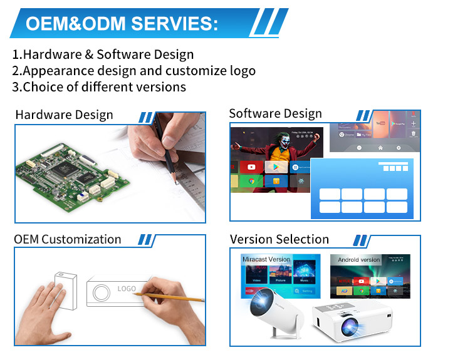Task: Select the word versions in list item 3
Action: pos(161,86)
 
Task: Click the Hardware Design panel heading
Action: pos(64,115)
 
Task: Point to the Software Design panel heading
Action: pos(275,113)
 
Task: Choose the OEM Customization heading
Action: pos(68,239)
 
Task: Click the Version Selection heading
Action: pos(279,239)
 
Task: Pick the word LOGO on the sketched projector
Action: pos(127,289)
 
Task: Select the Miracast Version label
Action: pos(266,259)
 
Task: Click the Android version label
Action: pos(358,259)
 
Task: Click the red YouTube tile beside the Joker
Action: pos(251,167)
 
